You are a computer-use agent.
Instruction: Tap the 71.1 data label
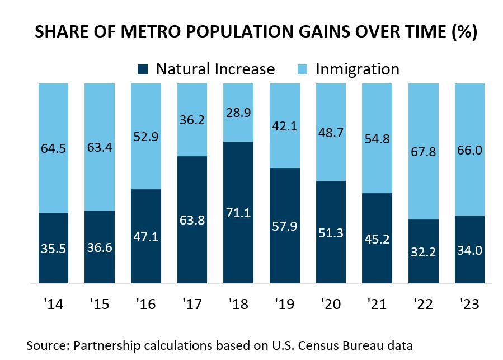pos(238,213)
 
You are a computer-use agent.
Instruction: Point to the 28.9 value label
pos(238,113)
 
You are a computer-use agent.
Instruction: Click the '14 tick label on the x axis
pos(53,305)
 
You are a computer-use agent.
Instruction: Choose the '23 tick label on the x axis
pos(469,305)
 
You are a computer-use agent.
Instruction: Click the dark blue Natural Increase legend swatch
pos(143,69)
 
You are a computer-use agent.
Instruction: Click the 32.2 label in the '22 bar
pos(423,251)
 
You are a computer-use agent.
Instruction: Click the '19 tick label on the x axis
pos(284,305)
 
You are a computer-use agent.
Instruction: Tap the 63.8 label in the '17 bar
pos(191,219)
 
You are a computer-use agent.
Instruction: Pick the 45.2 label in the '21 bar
pos(377,238)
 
